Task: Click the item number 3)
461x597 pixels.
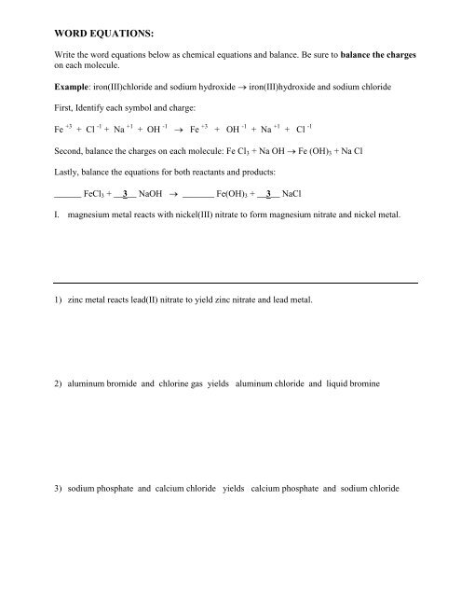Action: pyautogui.click(x=61, y=489)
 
